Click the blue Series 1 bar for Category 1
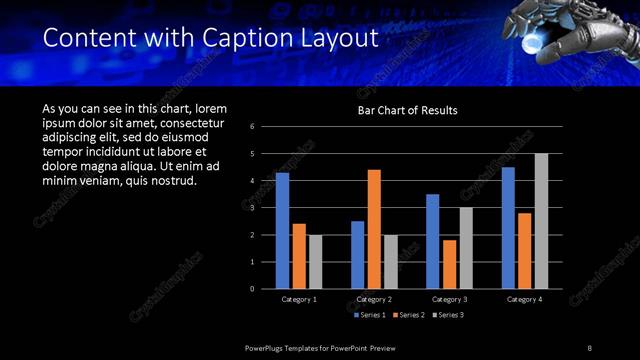282,230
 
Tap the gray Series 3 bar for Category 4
541,220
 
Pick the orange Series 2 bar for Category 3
449,264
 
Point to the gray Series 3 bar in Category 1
315,261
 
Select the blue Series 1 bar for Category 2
357,254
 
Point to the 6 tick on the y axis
252,126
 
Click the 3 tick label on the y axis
252,207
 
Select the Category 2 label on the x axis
373,298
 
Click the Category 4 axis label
524,298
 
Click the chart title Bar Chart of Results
407,110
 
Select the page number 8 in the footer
589,346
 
